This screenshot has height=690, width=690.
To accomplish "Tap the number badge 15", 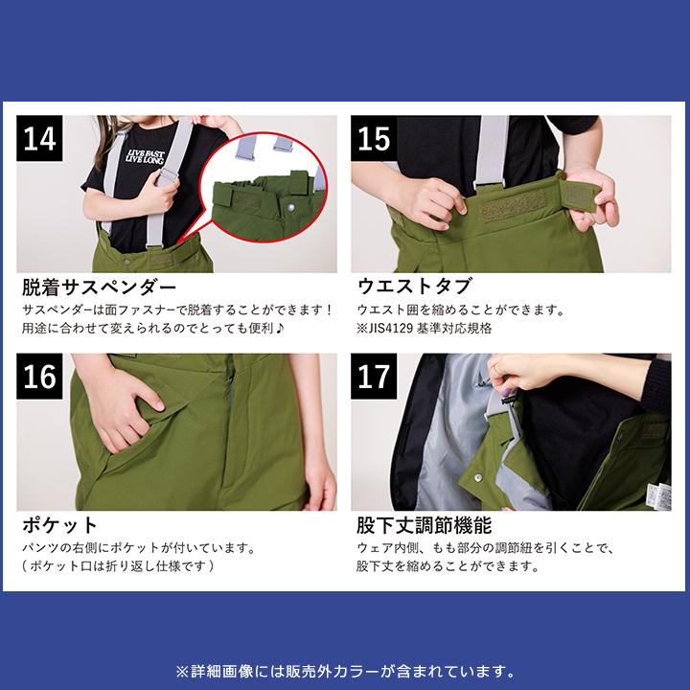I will coord(376,140).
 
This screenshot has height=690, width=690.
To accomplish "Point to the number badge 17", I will coord(376,377).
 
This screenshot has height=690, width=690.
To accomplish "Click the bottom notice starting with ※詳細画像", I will coord(345,670).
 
